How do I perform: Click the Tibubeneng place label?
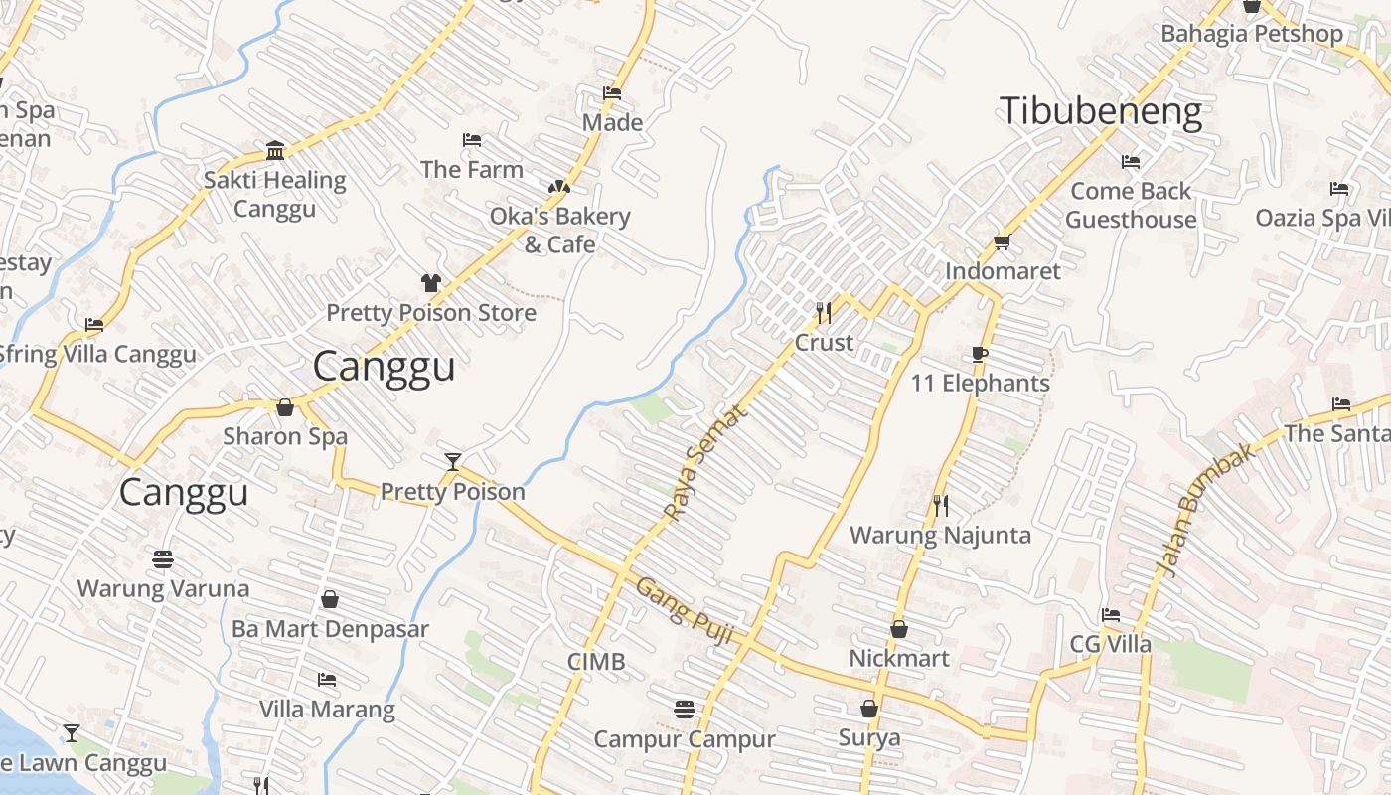click(x=1101, y=111)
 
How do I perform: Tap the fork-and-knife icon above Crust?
click(x=824, y=313)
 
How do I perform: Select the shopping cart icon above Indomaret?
click(x=1002, y=242)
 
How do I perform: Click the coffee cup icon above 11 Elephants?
click(x=980, y=355)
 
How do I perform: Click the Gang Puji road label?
click(x=685, y=610)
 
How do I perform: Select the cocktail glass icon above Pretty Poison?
click(x=453, y=461)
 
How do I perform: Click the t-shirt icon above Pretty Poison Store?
click(x=430, y=283)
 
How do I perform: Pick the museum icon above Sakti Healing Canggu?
click(x=275, y=151)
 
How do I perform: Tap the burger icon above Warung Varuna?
click(x=163, y=559)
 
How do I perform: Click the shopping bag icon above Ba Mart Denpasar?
click(x=330, y=600)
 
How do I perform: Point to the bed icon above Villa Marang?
click(x=326, y=681)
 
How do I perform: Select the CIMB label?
click(x=596, y=662)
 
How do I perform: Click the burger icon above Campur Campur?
click(x=684, y=710)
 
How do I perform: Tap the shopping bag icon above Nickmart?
click(x=899, y=629)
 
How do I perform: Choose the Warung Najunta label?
click(x=940, y=536)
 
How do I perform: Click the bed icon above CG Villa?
click(x=1111, y=615)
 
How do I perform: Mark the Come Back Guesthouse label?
click(x=1131, y=205)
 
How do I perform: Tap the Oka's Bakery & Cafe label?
click(x=559, y=231)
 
